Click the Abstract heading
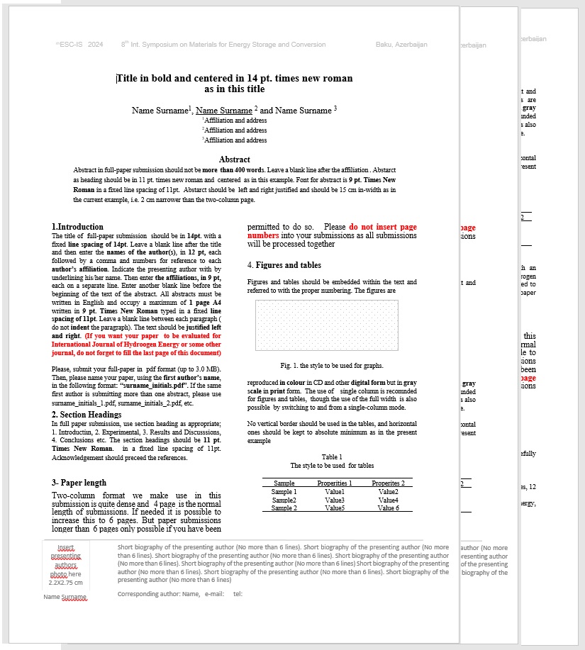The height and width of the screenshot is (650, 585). click(234, 159)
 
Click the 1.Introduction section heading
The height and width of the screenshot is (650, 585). click(77, 227)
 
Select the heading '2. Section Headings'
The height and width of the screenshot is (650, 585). click(87, 415)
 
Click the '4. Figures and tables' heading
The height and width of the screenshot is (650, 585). click(284, 265)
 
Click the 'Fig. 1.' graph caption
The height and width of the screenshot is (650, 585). click(332, 366)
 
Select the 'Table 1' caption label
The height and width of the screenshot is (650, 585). click(332, 457)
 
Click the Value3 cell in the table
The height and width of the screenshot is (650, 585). click(335, 500)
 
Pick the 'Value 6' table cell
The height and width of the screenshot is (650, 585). click(388, 508)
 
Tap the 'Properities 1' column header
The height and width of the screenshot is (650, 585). click(334, 483)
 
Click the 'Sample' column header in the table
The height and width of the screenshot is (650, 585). click(284, 483)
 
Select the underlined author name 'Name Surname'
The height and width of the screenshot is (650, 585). click(223, 111)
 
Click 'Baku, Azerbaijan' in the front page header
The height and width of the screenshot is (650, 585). click(401, 45)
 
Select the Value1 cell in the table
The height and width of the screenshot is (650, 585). click(335, 492)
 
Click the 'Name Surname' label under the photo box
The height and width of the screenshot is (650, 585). click(65, 597)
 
